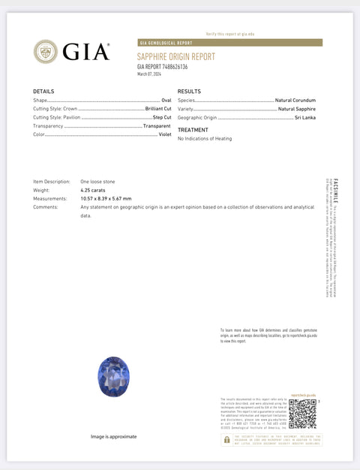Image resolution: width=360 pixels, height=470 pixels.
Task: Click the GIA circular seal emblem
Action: coord(46,51)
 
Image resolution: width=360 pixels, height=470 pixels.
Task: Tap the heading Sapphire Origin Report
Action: coord(175,56)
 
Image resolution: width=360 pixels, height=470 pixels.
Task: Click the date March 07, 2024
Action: coord(149,74)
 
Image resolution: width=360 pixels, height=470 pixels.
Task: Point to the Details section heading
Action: coord(43,91)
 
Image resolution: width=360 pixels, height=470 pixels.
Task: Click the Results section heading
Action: coord(189,91)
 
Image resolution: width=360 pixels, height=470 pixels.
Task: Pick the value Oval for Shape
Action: coord(166,100)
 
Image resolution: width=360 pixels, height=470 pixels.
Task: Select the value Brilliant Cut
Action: coord(158,109)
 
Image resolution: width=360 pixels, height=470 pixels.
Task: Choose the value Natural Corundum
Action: coord(295,100)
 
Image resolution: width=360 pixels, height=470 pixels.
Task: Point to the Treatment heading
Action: coord(193,130)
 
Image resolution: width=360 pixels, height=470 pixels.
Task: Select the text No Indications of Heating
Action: coord(205,139)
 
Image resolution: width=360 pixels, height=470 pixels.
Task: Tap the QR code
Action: coord(302,414)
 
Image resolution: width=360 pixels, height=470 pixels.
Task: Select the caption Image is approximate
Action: coord(114,436)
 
